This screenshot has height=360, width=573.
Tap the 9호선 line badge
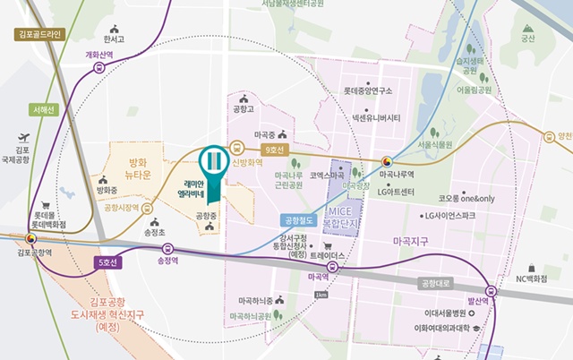(272, 151)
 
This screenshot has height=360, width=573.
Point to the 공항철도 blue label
(295, 219)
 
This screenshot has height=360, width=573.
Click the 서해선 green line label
(43, 110)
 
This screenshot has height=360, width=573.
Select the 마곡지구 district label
(412, 242)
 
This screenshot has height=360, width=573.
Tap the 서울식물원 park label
(435, 144)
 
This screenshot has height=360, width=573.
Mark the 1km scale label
(322, 295)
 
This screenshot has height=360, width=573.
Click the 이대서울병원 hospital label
(445, 313)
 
